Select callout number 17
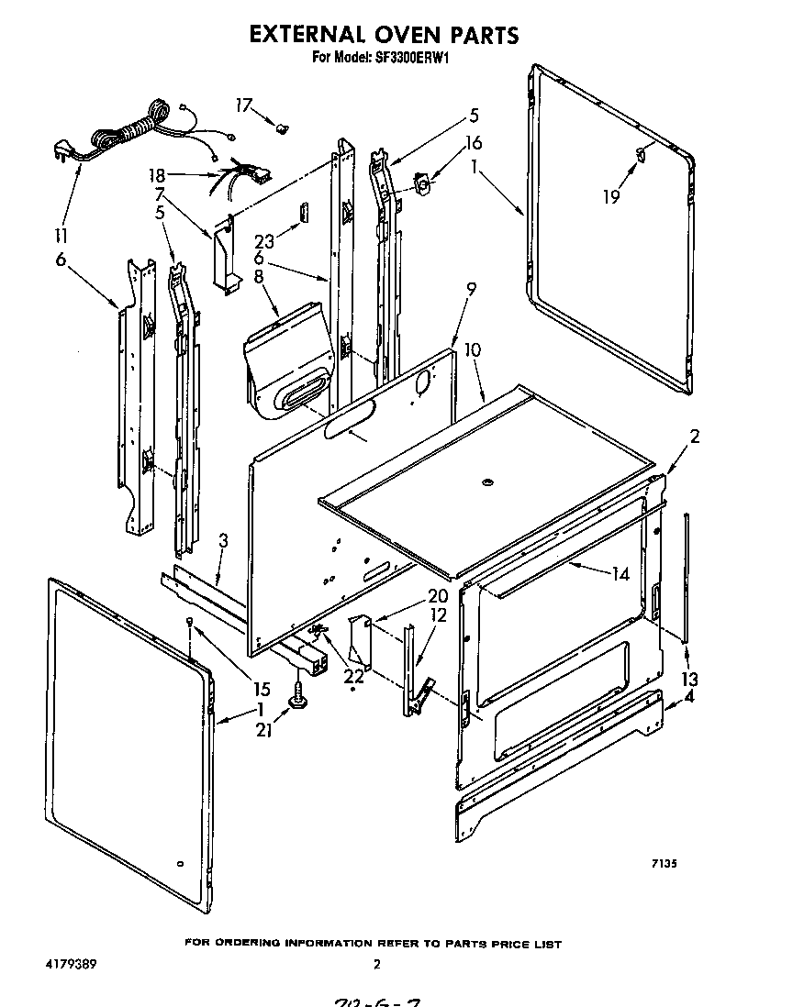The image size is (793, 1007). (x=243, y=105)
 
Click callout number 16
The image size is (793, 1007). (x=474, y=142)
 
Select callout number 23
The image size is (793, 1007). (x=264, y=242)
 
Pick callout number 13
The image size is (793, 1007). (x=688, y=680)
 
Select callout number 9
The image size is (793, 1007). (x=471, y=288)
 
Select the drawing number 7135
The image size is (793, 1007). (x=665, y=864)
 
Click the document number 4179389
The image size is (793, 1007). (x=70, y=964)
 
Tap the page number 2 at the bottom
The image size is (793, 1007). (x=376, y=964)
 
